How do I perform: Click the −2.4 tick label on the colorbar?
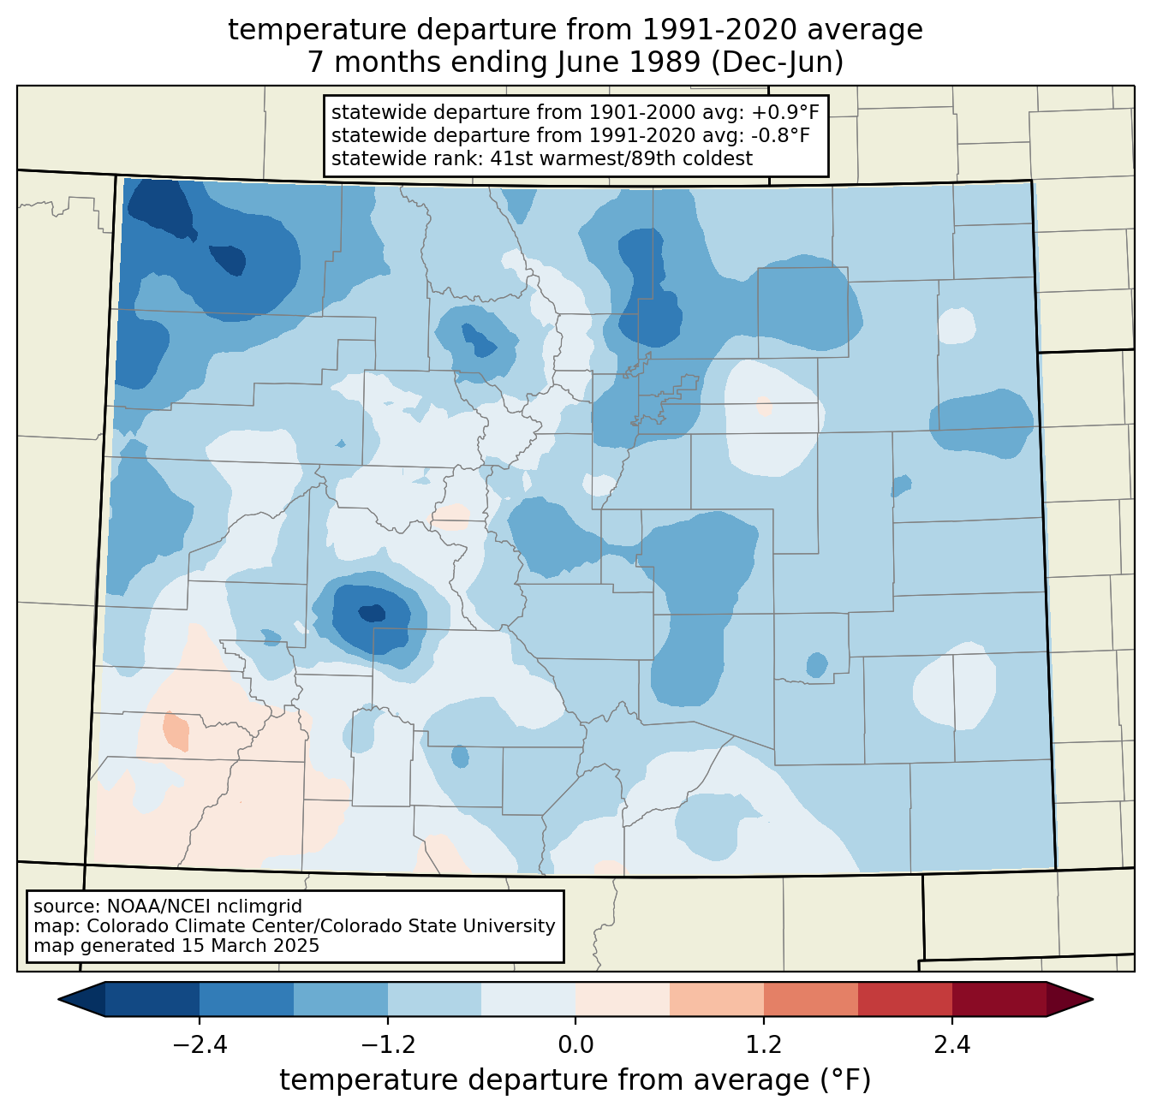pyautogui.click(x=200, y=1044)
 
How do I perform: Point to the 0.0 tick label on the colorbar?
pyautogui.click(x=575, y=1044)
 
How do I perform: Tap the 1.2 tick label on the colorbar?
pyautogui.click(x=764, y=1044)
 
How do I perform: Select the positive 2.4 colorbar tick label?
pyautogui.click(x=951, y=1044)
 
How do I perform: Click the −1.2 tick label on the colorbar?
pyautogui.click(x=388, y=1044)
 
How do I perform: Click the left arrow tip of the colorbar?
pyautogui.click(x=58, y=999)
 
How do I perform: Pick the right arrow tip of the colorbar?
pyautogui.click(x=1093, y=999)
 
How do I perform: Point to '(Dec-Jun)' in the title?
pyautogui.click(x=777, y=62)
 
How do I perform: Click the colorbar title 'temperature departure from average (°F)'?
pyautogui.click(x=575, y=1080)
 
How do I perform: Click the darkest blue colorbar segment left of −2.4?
pyautogui.click(x=152, y=999)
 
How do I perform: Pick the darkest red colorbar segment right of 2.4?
pyautogui.click(x=999, y=999)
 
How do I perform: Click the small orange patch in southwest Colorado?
pyautogui.click(x=176, y=731)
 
